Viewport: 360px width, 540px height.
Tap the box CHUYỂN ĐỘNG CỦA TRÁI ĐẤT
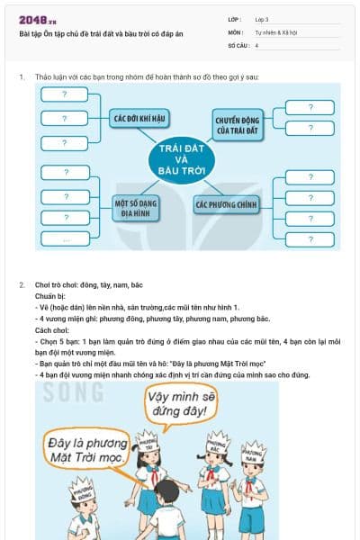coord(237,123)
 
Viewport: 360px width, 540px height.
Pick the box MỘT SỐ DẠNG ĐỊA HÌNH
coord(136,208)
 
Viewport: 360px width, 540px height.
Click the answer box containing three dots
coord(66,239)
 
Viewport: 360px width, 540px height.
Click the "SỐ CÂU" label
coord(238,44)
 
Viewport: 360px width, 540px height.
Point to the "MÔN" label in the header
coord(235,31)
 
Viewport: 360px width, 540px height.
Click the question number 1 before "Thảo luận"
coord(22,77)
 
